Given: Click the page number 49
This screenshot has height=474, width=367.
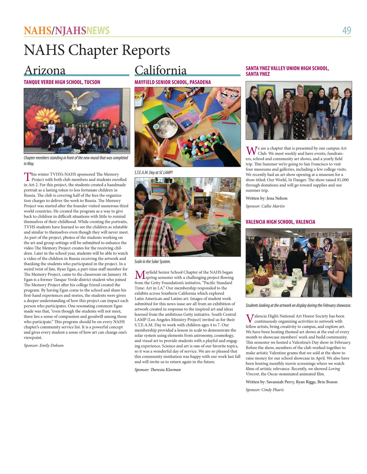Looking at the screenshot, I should (x=347, y=31).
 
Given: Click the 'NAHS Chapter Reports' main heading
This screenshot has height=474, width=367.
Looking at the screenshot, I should (x=97, y=50).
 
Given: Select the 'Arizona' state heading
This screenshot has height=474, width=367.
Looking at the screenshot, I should (x=45, y=70).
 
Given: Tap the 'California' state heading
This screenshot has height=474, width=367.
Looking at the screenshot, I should (x=161, y=70).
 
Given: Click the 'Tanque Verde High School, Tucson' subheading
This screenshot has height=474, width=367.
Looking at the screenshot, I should (x=62, y=82).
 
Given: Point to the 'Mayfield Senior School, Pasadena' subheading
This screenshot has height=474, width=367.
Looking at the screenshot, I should (x=172, y=82).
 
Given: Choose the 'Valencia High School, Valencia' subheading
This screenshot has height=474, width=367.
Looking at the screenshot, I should (x=280, y=222).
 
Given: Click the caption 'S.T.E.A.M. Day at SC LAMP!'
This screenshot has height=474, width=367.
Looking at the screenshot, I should (x=154, y=173).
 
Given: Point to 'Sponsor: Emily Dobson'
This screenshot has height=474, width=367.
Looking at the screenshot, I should (x=44, y=345).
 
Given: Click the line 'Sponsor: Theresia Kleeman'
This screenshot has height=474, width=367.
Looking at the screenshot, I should (x=158, y=370).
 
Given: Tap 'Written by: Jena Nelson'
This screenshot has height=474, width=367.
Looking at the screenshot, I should (x=266, y=198).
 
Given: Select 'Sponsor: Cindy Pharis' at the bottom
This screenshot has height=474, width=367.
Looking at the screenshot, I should (x=265, y=390).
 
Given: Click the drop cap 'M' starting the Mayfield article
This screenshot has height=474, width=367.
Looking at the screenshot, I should (x=140, y=275).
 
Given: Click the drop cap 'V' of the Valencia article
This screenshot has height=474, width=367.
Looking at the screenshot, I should (x=250, y=319).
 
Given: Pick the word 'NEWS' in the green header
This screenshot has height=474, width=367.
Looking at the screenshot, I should (x=98, y=31).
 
